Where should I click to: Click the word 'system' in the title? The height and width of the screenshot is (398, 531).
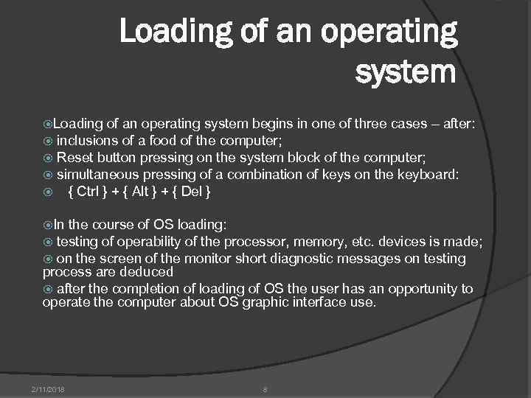pos(406,72)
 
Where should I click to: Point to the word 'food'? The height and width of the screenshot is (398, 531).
pos(163,141)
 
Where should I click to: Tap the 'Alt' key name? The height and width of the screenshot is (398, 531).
pos(140,192)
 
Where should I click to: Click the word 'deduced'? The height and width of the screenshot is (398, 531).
pos(148,271)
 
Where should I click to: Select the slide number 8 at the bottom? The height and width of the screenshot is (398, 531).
pos(265,388)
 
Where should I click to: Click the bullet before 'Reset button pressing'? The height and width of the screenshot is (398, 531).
pos(48,158)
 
